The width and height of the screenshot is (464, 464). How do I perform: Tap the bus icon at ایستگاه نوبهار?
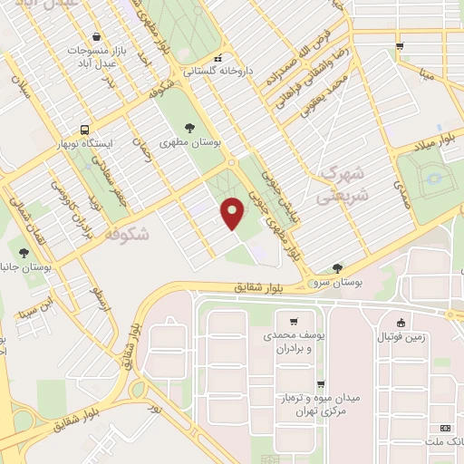(84, 130)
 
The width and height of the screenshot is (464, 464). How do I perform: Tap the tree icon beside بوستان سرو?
(337, 268)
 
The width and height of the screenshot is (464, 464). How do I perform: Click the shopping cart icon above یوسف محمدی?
(293, 322)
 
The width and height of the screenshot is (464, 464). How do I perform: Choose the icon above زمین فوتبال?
(401, 322)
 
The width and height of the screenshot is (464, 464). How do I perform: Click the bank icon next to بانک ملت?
(444, 427)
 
